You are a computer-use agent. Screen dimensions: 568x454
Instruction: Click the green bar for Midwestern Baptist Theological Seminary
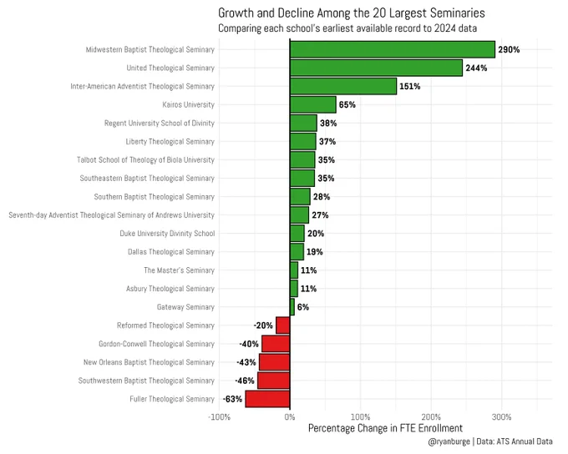click(393, 49)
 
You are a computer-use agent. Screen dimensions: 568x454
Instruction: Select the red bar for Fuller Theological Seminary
click(267, 399)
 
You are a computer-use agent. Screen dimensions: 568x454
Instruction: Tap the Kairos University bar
click(313, 104)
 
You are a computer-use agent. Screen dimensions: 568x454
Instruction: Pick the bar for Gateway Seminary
click(292, 307)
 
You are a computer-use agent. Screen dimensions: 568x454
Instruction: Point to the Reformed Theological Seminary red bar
click(282, 325)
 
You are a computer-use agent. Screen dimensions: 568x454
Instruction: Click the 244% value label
click(476, 68)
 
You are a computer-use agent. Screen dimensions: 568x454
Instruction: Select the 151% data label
click(410, 87)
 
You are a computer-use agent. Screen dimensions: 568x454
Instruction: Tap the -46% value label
click(245, 381)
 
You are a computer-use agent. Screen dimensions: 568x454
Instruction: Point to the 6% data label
click(303, 307)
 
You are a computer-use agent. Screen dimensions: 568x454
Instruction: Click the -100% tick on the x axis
click(219, 417)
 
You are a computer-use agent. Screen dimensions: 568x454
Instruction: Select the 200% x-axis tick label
click(431, 417)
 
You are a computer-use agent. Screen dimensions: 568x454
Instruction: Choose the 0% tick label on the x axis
click(290, 417)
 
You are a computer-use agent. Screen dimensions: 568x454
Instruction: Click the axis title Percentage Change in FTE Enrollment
click(385, 428)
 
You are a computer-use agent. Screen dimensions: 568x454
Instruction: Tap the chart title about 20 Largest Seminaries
click(352, 13)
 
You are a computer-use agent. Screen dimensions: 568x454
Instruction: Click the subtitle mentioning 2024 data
click(347, 28)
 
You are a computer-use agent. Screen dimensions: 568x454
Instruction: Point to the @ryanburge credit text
click(449, 441)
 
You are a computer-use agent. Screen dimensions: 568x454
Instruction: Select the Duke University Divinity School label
click(167, 234)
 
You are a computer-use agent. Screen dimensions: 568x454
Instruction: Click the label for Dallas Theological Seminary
click(171, 252)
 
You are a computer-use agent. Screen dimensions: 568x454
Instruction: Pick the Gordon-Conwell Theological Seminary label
click(156, 344)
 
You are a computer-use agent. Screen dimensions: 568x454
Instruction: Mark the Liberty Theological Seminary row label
click(170, 142)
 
